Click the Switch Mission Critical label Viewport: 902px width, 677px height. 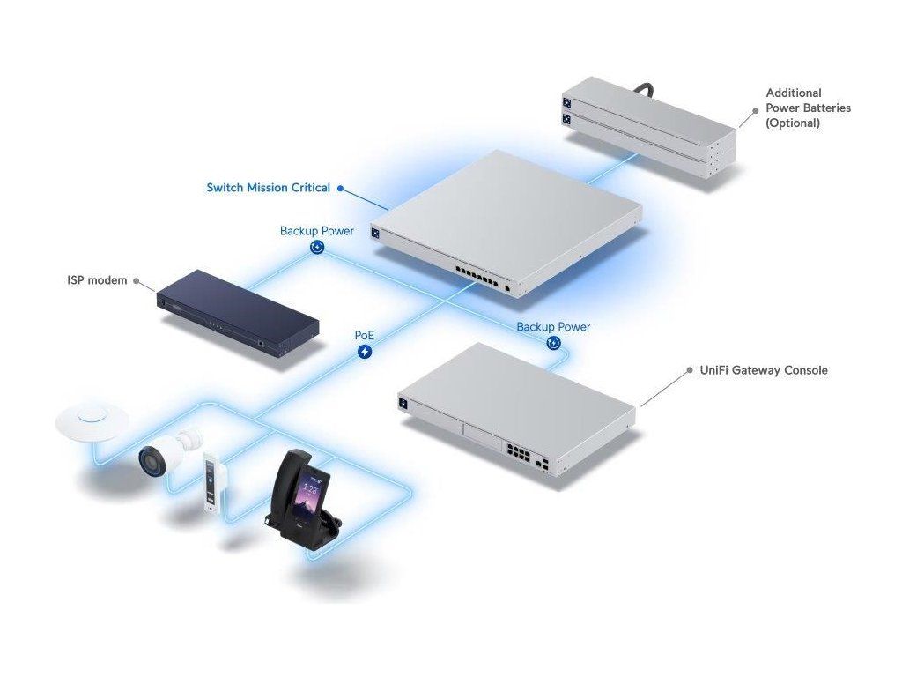(x=268, y=188)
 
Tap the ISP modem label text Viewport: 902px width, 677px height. (x=97, y=280)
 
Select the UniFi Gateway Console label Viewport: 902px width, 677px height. (x=764, y=370)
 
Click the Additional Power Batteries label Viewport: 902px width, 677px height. (x=808, y=108)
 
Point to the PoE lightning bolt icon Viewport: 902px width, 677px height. (x=365, y=352)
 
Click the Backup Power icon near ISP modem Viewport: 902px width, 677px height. (x=317, y=248)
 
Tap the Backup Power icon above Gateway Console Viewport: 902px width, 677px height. (x=553, y=343)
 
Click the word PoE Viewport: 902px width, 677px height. (x=365, y=336)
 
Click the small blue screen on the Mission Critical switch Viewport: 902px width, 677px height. (x=374, y=234)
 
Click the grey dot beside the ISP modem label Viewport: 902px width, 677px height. (x=135, y=281)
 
